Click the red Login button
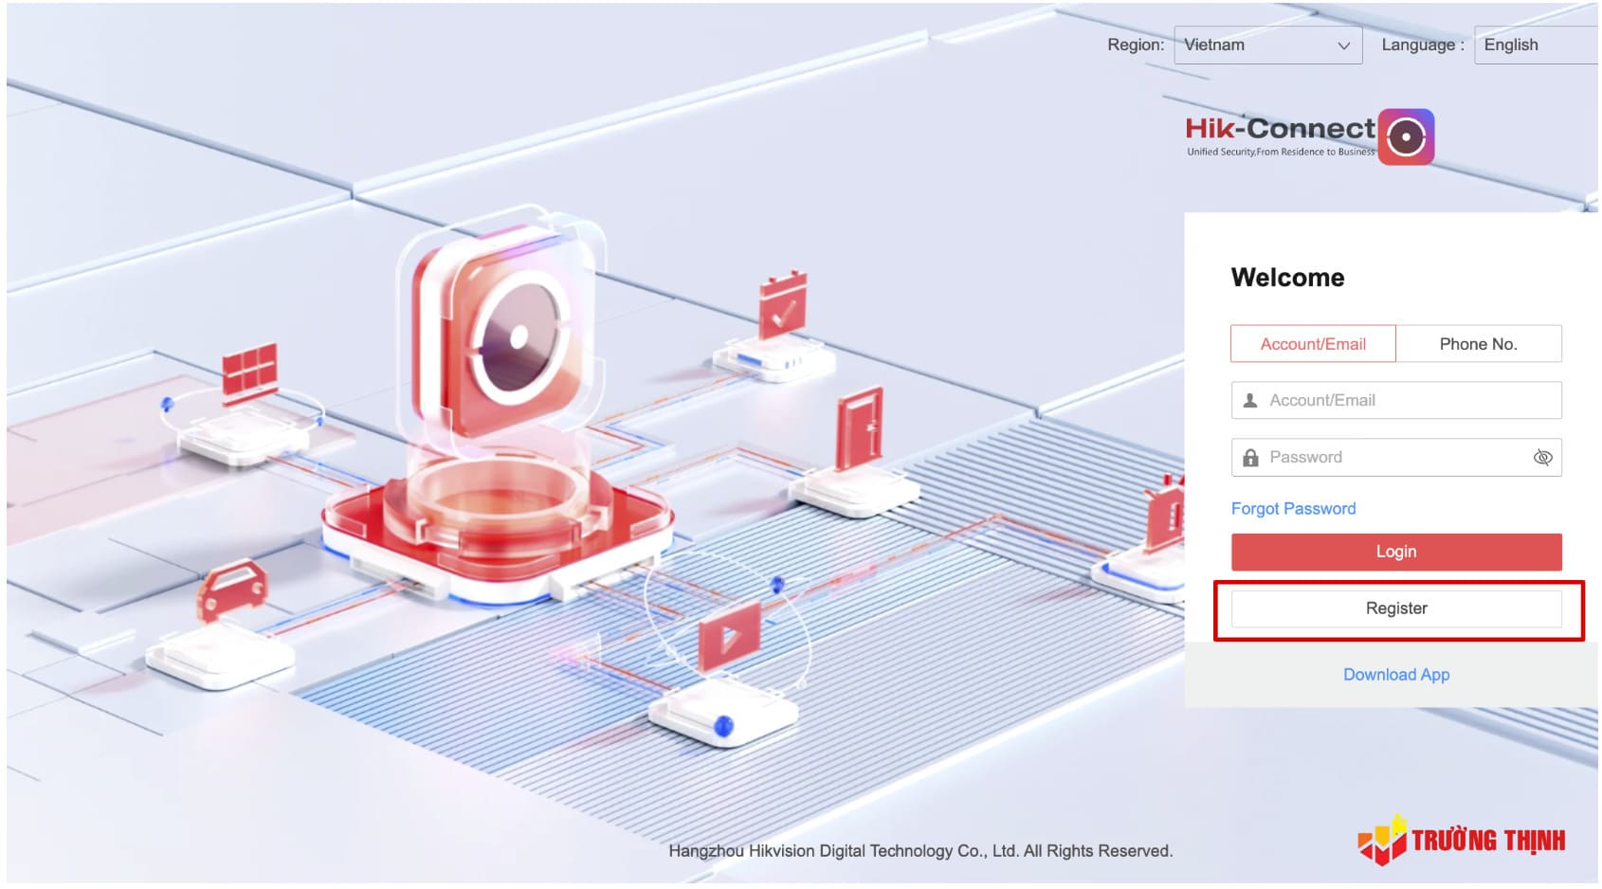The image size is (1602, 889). pos(1395,552)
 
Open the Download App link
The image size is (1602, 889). pos(1395,675)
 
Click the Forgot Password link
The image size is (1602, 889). pos(1293,509)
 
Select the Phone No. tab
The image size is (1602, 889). pos(1478,344)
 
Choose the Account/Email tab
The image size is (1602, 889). pos(1313,344)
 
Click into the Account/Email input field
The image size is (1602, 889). pos(1403,400)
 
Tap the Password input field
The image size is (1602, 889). pos(1384,457)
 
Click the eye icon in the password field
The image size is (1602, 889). pos(1542,458)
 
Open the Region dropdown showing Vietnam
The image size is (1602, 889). pos(1267,45)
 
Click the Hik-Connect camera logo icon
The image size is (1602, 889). pos(1405,137)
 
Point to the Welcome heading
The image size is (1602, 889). pos(1287,278)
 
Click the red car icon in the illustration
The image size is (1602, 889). pos(231,588)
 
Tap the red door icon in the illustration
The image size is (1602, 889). pos(860,427)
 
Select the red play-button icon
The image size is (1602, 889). pos(729,635)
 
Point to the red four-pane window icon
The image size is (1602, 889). pos(249,369)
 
